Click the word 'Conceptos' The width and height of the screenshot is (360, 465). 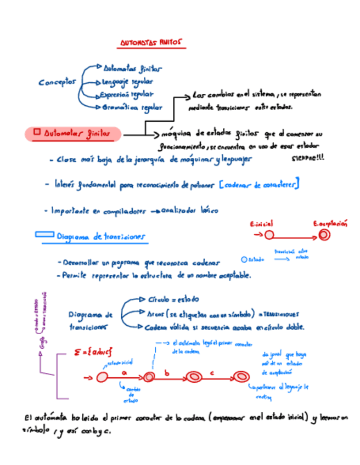58,82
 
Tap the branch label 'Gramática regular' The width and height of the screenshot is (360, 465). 130,108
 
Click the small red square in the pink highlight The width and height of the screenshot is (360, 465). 37,132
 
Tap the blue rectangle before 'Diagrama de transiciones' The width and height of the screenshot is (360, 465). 44,234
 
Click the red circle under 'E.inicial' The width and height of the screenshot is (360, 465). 269,235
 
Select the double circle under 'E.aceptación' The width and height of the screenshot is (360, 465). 324,235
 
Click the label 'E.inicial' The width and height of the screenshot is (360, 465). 261,224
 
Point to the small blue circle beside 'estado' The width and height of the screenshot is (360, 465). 244,259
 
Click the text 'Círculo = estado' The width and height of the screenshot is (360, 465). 173,300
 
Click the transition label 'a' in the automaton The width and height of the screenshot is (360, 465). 124,372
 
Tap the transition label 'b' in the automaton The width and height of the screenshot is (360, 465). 168,372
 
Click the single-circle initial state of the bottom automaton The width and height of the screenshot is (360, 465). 102,377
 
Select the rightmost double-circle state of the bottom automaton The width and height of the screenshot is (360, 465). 240,377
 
